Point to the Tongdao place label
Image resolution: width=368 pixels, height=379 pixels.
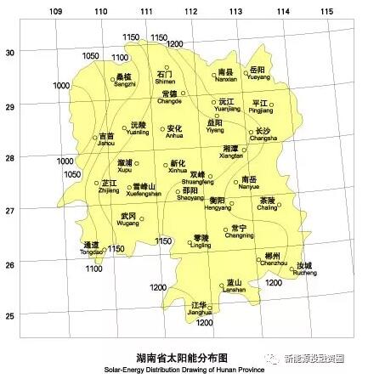tap(91, 248)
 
